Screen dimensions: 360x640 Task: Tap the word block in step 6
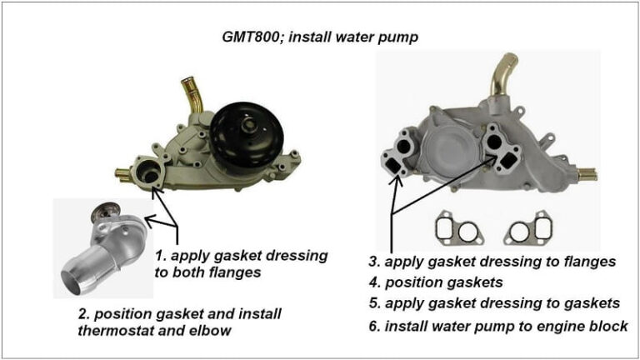click(610, 326)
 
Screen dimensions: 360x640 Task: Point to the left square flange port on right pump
click(393, 167)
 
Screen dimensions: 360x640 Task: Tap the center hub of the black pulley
click(247, 126)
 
